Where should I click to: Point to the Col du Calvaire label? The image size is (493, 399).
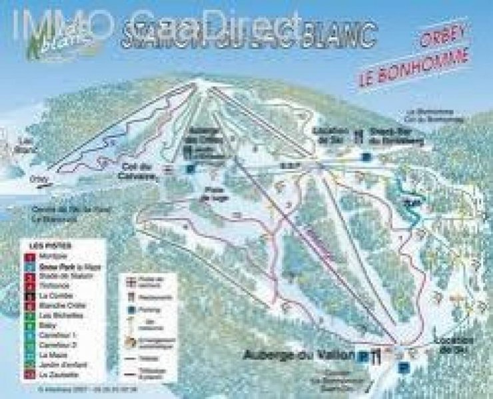(x=138, y=171)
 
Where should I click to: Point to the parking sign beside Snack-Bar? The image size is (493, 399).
(x=365, y=158)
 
